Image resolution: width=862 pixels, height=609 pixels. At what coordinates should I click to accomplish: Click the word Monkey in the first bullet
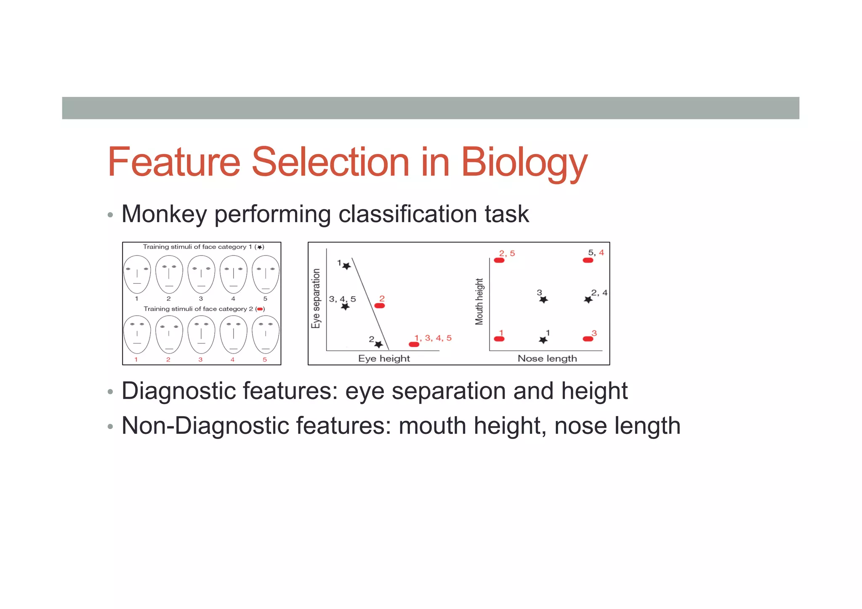tap(164, 214)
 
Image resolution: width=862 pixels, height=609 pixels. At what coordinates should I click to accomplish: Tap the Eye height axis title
tap(384, 359)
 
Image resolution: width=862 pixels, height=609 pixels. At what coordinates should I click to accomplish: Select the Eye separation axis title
tap(316, 298)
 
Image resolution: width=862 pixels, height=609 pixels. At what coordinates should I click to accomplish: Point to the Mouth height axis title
tap(479, 301)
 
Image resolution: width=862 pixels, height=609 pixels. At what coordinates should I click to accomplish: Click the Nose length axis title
tap(547, 359)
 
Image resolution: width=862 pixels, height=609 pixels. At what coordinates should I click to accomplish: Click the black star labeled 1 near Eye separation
tap(346, 266)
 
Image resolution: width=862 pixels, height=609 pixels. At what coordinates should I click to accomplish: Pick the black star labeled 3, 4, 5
tap(345, 306)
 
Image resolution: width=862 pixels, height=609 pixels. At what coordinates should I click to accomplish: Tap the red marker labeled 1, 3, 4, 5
tap(414, 344)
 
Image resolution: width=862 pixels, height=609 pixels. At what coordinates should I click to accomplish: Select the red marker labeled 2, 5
tap(499, 260)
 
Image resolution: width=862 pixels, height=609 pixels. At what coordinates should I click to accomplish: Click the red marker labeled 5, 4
tap(588, 260)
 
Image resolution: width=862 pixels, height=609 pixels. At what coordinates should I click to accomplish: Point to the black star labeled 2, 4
tap(588, 300)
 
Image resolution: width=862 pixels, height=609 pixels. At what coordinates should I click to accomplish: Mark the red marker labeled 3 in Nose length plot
tap(588, 339)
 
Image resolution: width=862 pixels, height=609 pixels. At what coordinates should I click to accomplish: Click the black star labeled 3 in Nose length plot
tap(543, 300)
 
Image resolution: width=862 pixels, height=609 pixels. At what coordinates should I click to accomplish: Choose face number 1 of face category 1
tap(137, 274)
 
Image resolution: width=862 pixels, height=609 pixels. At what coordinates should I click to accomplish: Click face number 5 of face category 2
tap(266, 335)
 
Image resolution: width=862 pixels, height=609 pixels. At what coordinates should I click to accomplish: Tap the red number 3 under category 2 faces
tap(200, 360)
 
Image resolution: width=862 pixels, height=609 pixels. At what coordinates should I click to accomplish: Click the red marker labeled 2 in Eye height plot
tap(380, 306)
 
